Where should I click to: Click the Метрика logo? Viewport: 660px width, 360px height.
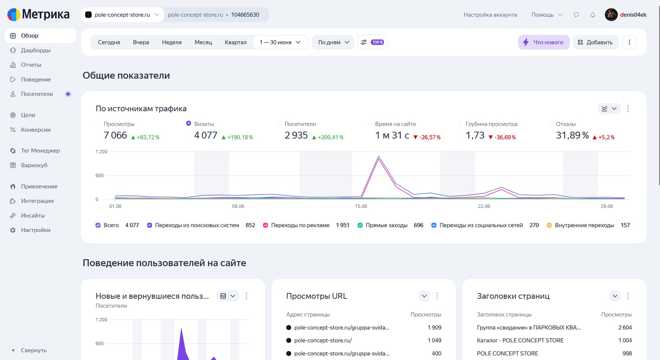[x=39, y=14]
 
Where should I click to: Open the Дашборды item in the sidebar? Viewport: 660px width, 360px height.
[x=35, y=50]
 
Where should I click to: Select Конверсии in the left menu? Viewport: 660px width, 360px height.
[x=35, y=129]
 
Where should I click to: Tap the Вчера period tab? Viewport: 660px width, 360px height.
[x=141, y=42]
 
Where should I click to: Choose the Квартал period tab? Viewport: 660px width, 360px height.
[x=236, y=42]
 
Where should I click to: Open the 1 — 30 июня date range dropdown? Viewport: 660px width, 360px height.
[x=280, y=42]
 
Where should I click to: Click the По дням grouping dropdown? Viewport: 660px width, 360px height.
[x=333, y=42]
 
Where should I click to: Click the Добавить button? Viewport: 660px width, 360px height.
[x=595, y=42]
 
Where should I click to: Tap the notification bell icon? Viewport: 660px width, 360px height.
[x=592, y=15]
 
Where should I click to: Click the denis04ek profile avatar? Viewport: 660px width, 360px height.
[x=611, y=14]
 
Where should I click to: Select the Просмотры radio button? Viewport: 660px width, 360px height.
[x=98, y=123]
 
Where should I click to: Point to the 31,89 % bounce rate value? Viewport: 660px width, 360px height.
[x=572, y=135]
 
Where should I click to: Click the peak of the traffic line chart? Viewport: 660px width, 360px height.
[x=378, y=156]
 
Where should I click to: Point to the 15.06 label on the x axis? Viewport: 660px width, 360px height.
[x=361, y=206]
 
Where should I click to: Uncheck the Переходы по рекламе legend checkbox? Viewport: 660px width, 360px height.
[x=266, y=226]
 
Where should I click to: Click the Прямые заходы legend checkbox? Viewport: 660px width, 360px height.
[x=360, y=226]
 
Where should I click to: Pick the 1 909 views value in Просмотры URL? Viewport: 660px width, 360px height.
[x=434, y=327]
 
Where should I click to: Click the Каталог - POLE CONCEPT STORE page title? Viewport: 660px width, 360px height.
[x=520, y=341]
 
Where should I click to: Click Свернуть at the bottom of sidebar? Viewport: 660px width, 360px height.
[x=33, y=350]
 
